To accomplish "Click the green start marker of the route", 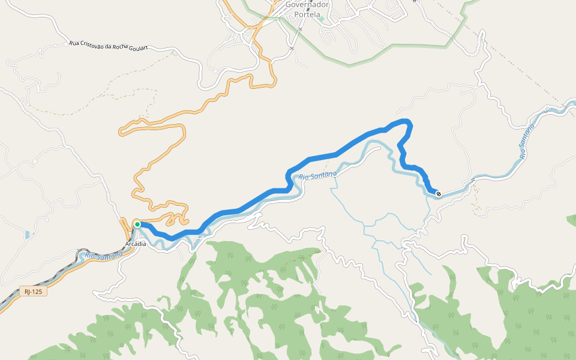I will pos(137,224).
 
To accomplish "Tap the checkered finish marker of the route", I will pos(439,194).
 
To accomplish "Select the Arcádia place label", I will pos(136,244).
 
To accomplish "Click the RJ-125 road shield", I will pos(34,292).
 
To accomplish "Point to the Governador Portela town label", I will pos(307,9).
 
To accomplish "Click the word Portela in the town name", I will pos(308,14).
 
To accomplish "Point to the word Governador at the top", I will pos(307,4).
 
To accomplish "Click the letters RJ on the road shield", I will pos(28,292).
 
